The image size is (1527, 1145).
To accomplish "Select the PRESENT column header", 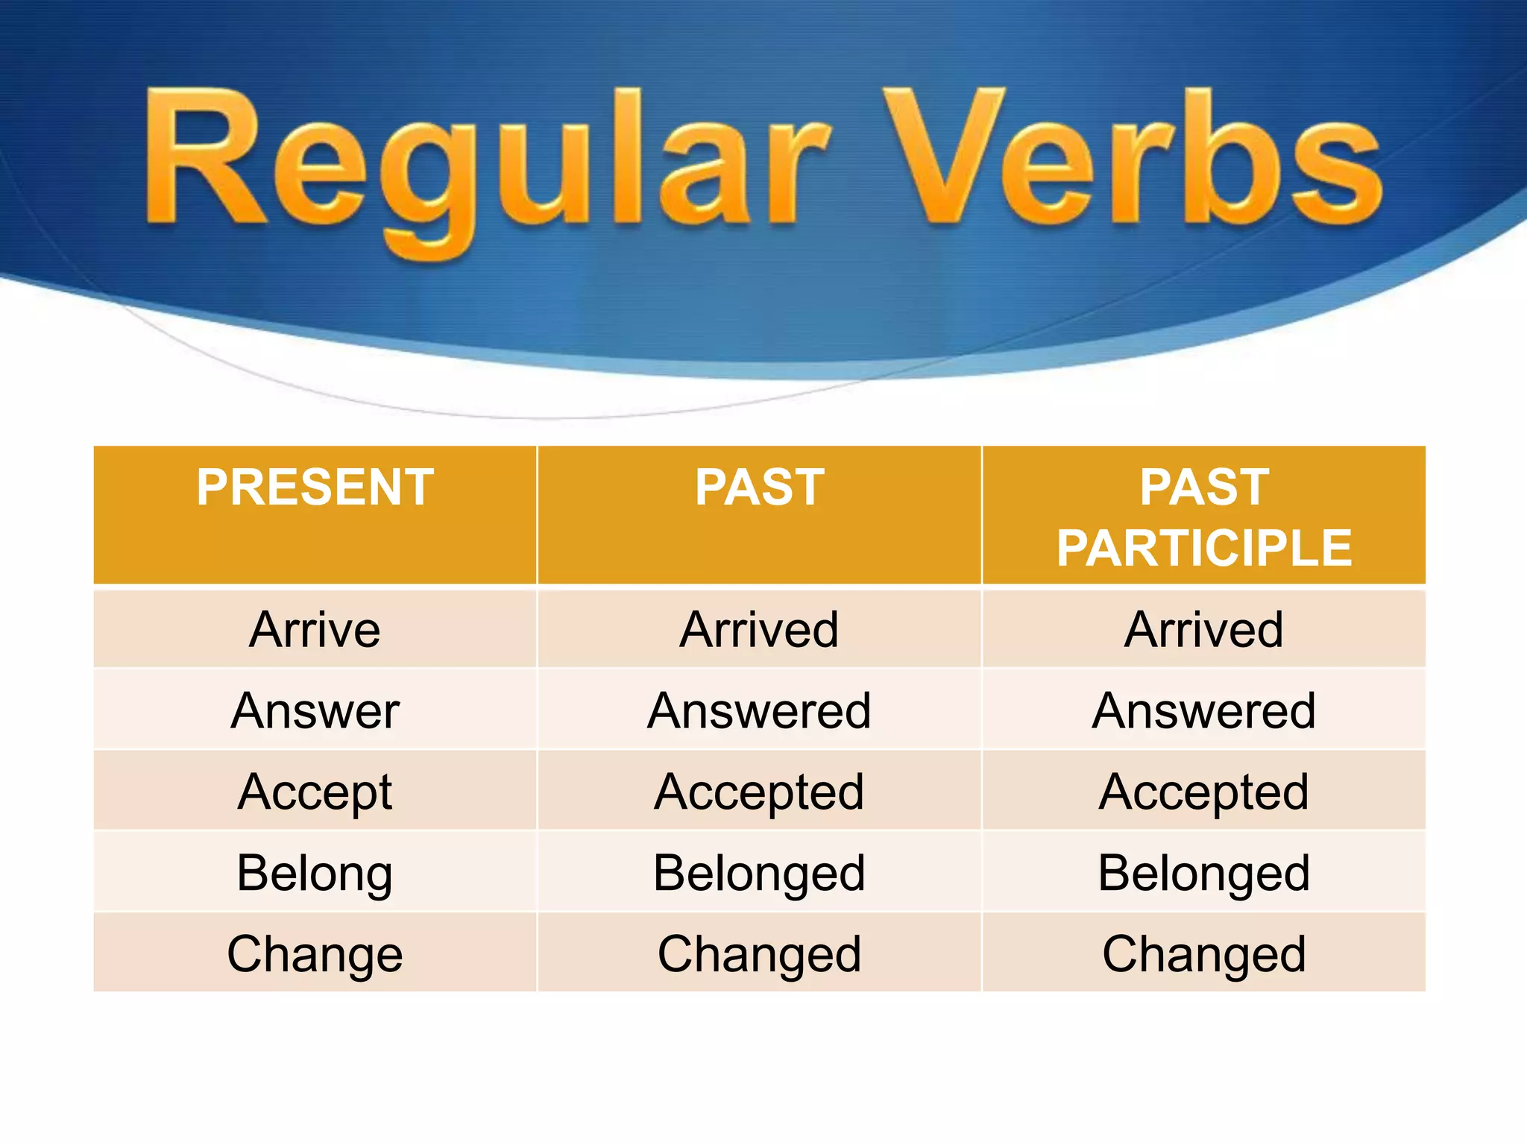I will pyautogui.click(x=315, y=488).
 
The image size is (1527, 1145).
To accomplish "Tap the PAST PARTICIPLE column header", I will pyautogui.click(x=1203, y=517).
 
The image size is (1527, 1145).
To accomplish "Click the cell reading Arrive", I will pyautogui.click(x=315, y=630).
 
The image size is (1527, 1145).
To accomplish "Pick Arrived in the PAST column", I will pyautogui.click(x=759, y=630).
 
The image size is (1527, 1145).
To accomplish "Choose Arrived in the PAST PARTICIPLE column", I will pyautogui.click(x=1203, y=630).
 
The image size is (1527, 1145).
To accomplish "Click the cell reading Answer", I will pyautogui.click(x=315, y=710).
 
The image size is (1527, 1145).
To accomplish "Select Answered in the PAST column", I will pyautogui.click(x=759, y=710).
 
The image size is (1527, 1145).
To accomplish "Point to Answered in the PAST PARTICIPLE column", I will pyautogui.click(x=1203, y=710).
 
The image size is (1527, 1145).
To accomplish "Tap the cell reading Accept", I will pyautogui.click(x=315, y=792).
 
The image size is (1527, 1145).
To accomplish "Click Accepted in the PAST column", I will pyautogui.click(x=759, y=792).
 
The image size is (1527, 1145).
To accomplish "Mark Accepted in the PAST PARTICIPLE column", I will pyautogui.click(x=1203, y=792).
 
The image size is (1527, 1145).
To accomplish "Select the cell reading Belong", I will pyautogui.click(x=315, y=873).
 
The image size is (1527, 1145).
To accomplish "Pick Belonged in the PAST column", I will pyautogui.click(x=759, y=873).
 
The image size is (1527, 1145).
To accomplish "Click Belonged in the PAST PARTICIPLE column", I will pyautogui.click(x=1203, y=873).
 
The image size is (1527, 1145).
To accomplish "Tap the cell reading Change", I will pyautogui.click(x=315, y=954).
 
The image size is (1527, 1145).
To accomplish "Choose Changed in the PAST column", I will pyautogui.click(x=759, y=954).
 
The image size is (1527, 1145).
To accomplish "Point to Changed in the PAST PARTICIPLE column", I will pyautogui.click(x=1203, y=954).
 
